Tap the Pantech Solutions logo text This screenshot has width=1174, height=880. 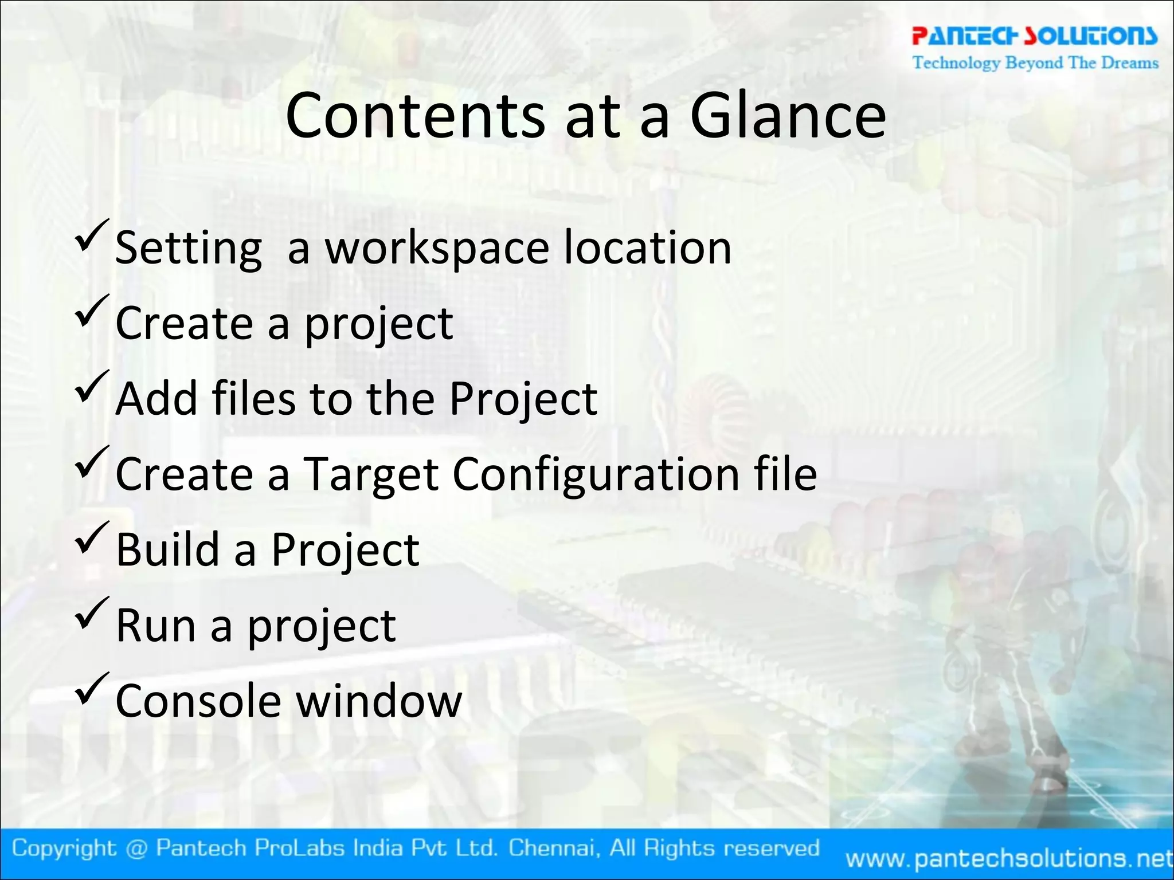tap(1035, 36)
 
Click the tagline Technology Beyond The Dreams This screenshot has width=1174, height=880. tap(1035, 62)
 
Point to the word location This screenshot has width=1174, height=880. tap(647, 247)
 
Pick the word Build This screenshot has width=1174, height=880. tap(168, 549)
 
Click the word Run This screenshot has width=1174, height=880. tap(156, 626)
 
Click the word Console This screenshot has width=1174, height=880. tap(198, 701)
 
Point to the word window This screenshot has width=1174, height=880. tap(379, 701)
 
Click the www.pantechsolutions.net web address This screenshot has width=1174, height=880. tap(1009, 858)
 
